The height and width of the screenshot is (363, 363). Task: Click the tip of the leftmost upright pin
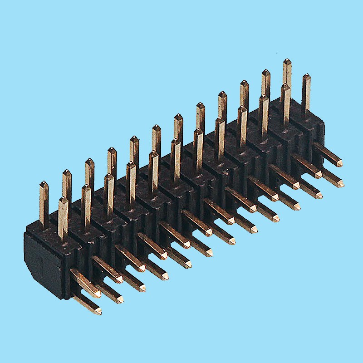click(x=44, y=183)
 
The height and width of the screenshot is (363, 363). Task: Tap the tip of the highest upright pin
click(x=287, y=61)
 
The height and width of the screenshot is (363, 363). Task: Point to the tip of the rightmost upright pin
click(x=307, y=76)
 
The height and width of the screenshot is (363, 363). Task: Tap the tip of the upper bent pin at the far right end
click(x=340, y=163)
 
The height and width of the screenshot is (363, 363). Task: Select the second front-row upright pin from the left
click(x=86, y=204)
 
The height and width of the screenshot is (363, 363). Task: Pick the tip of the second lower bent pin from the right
click(x=320, y=195)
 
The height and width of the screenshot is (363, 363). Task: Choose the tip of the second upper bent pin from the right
click(x=319, y=174)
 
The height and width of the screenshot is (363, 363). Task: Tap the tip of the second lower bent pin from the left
click(x=121, y=299)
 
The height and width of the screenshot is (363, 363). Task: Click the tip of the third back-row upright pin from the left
click(x=89, y=161)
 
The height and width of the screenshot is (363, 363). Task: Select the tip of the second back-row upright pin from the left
click(x=67, y=172)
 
